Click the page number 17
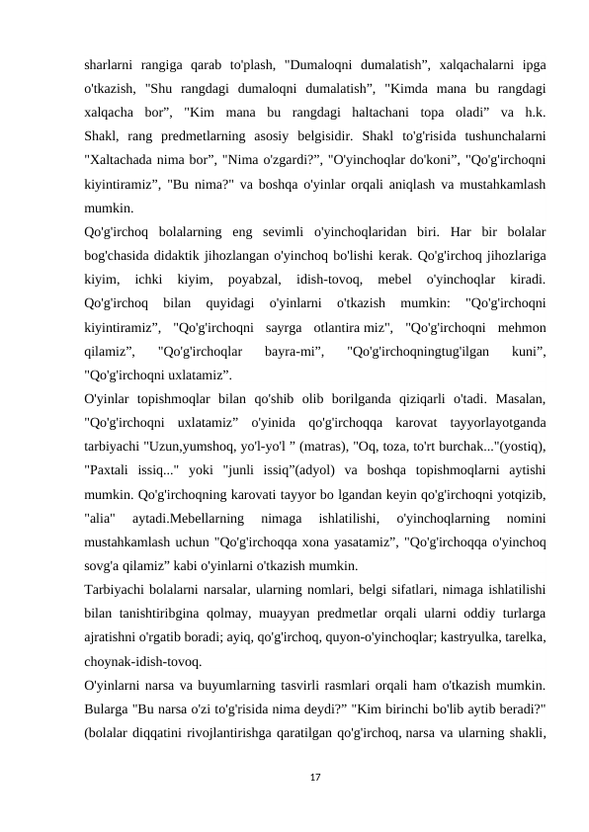(314, 779)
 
